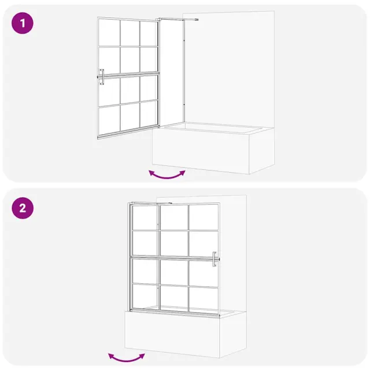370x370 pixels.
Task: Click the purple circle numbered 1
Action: [23, 23]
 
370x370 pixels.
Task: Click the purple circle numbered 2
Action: [23, 208]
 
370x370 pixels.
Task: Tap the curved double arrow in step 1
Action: [167, 176]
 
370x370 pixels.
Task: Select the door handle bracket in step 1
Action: [102, 77]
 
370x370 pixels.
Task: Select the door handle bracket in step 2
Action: [214, 259]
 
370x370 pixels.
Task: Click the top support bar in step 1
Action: [179, 19]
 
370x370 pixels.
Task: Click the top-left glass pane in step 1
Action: [109, 33]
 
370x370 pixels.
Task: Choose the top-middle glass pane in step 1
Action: [130, 33]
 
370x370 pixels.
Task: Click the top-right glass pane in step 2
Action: [203, 217]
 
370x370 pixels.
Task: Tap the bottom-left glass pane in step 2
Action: [145, 296]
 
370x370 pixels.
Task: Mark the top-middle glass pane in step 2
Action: [174, 217]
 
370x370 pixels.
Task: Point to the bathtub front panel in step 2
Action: [172, 334]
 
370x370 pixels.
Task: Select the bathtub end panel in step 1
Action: [262, 150]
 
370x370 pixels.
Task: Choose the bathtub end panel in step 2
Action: [233, 335]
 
